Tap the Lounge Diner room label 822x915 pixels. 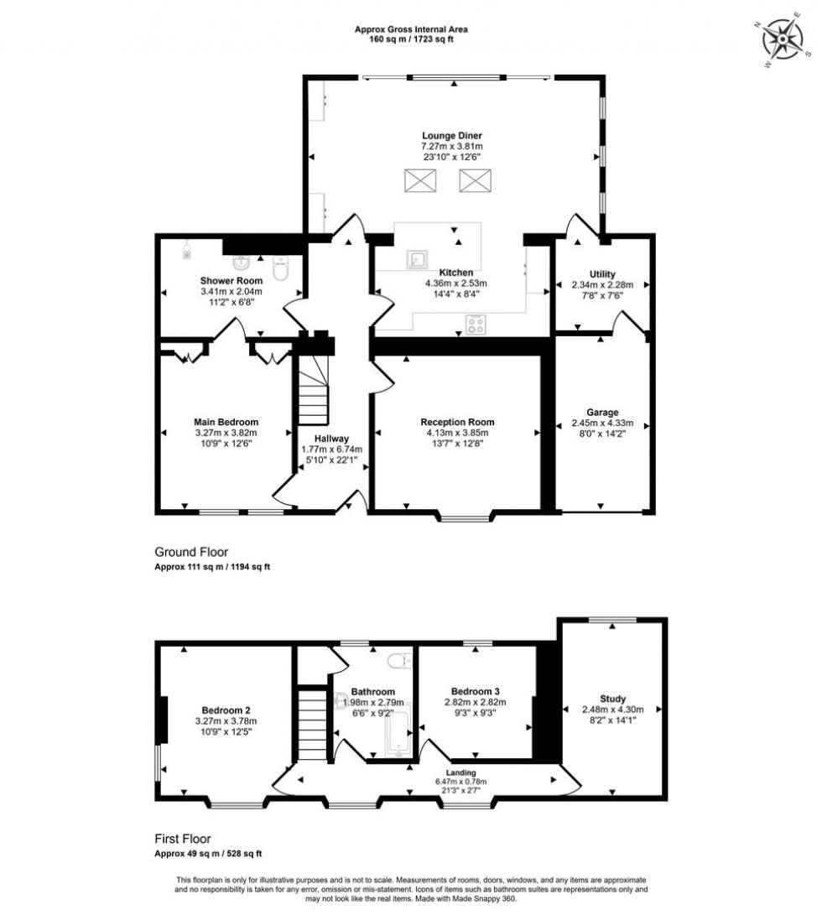click(452, 135)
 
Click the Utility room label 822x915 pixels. click(602, 273)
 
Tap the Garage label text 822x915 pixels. click(602, 412)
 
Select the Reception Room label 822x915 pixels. click(457, 422)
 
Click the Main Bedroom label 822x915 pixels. click(226, 422)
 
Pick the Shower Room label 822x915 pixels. click(231, 280)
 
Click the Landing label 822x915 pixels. click(461, 772)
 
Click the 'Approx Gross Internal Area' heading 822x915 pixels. click(411, 29)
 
